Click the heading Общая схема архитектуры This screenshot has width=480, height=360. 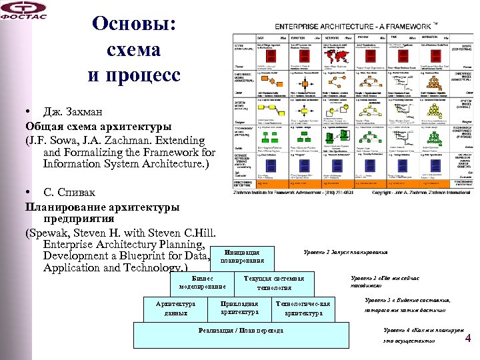98,126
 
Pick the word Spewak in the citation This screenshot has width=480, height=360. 52,233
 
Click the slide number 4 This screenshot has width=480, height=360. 468,338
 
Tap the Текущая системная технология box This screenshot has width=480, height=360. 274,283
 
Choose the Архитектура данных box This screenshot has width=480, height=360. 176,308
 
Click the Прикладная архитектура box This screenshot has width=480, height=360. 239,307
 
